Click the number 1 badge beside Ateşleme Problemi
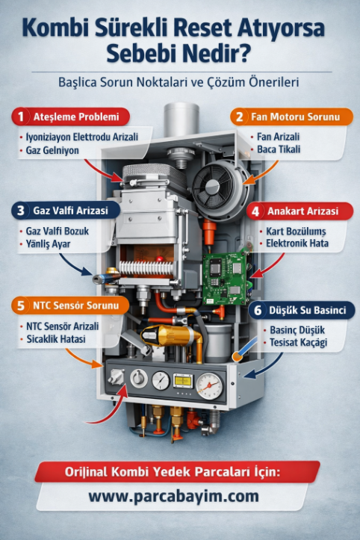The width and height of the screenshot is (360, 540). (x=21, y=117)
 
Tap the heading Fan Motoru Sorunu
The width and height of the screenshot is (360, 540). (x=295, y=117)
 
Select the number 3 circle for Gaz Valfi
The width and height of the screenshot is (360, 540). (x=21, y=211)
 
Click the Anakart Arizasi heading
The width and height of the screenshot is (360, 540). (x=302, y=211)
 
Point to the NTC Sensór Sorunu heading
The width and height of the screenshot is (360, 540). (x=75, y=305)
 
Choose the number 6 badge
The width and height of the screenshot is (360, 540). (x=258, y=310)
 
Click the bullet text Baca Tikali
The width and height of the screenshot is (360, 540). (x=279, y=149)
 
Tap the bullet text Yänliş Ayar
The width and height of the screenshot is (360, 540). (x=48, y=244)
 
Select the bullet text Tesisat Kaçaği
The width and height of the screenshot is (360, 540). (x=298, y=343)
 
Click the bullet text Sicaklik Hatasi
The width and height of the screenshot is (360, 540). (x=56, y=339)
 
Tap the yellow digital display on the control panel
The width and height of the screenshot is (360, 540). (x=183, y=381)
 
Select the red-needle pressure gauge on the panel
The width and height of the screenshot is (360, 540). (x=209, y=386)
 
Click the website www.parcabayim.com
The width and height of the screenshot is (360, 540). (x=173, y=496)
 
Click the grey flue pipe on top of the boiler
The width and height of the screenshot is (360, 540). (x=181, y=120)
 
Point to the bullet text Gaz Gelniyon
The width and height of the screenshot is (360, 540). (x=52, y=150)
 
